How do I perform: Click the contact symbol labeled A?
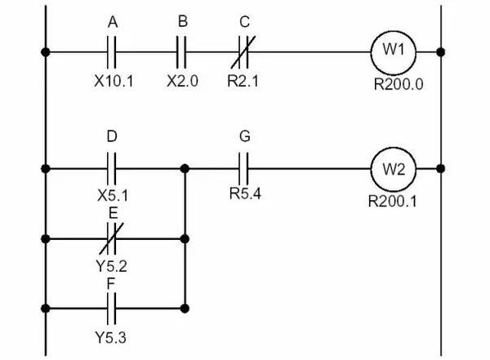113,52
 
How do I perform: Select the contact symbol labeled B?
181,52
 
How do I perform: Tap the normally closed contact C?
244,52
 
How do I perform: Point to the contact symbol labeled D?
113,169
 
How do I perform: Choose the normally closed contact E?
113,239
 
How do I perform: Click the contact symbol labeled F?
113,309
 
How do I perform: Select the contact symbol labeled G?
243,169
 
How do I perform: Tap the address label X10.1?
113,81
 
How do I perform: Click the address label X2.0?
181,81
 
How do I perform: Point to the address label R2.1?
244,81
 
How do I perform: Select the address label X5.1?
113,196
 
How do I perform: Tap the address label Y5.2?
113,265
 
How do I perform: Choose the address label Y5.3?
113,336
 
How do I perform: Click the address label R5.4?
243,196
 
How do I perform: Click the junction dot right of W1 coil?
441,52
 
